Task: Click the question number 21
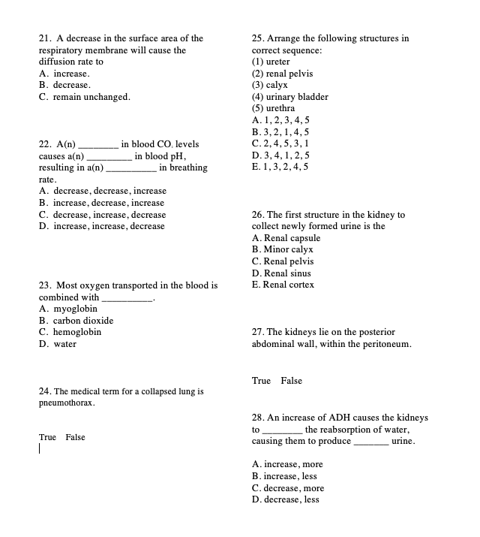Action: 43,38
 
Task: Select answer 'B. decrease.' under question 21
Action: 64,86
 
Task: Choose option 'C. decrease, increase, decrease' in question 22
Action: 102,214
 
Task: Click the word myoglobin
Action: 72,309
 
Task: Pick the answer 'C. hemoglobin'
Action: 70,331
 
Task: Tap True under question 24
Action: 48,437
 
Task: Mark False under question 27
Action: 291,381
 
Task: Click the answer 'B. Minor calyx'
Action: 282,249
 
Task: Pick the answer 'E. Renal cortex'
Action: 283,285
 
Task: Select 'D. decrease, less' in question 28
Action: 285,499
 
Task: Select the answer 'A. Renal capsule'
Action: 286,238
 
